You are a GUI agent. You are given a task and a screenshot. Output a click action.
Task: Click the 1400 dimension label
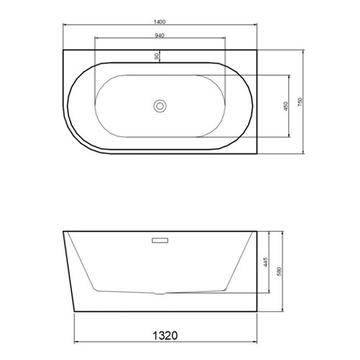(160, 22)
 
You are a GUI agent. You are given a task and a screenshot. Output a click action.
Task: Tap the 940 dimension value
(160, 35)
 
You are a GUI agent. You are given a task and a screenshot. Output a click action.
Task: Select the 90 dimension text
(157, 56)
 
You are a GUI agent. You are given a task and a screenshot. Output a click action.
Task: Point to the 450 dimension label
(286, 106)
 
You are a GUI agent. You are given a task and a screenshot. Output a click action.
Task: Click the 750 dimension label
(300, 102)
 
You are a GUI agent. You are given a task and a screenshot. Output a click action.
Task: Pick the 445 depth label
(266, 262)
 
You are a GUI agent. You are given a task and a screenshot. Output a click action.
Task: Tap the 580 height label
(279, 271)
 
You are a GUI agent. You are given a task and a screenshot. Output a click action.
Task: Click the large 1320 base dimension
(166, 336)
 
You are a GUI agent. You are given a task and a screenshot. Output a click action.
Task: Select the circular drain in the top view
(160, 106)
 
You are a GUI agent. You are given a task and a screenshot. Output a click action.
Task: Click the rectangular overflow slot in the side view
(160, 240)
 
